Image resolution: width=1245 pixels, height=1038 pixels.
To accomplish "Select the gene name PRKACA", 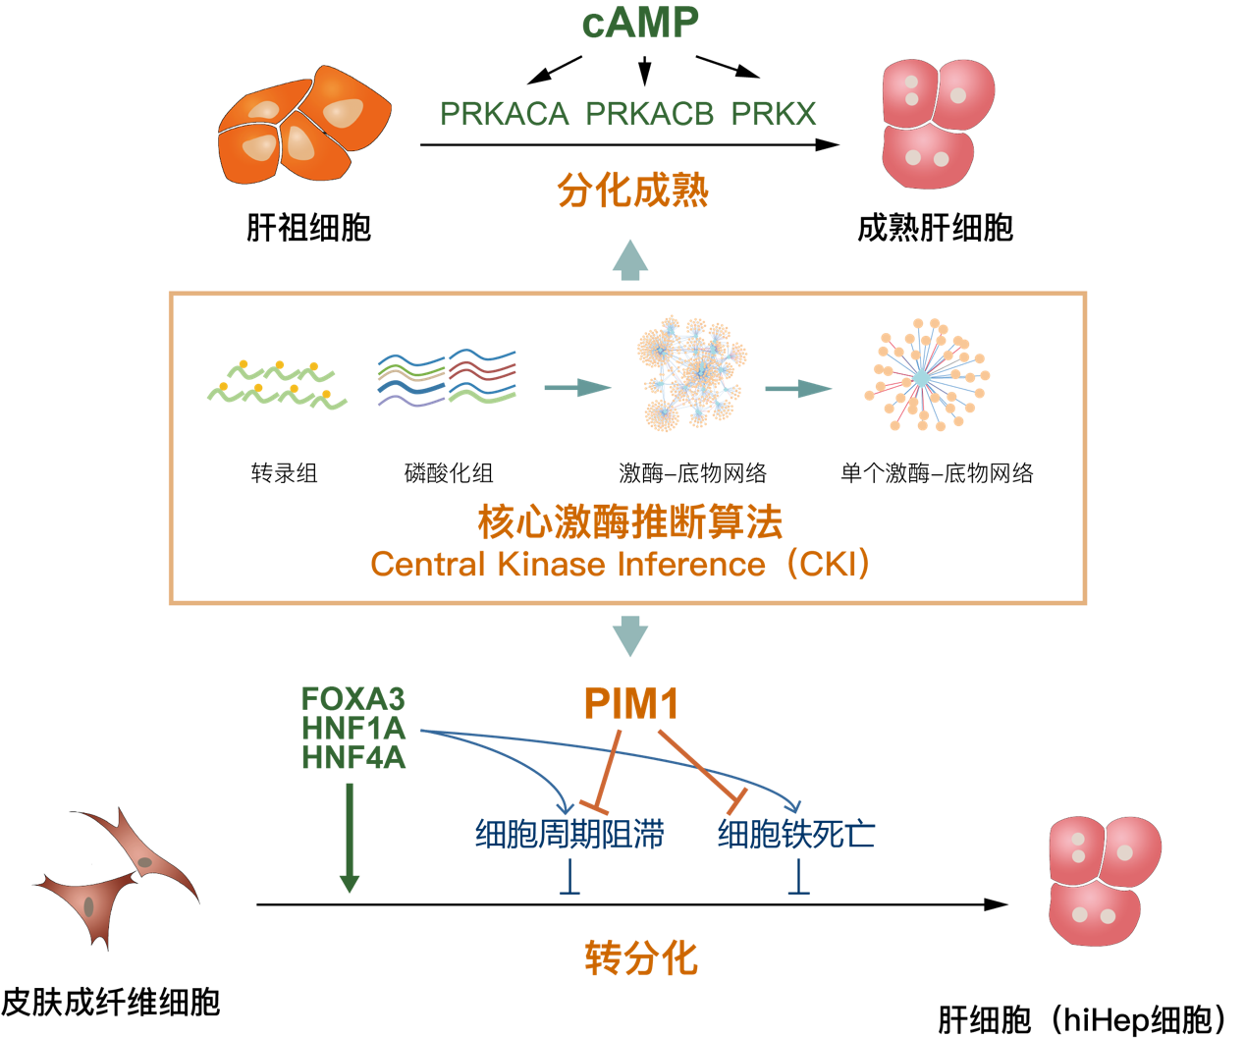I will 504,114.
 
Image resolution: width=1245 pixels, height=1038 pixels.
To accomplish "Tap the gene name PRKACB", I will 649,114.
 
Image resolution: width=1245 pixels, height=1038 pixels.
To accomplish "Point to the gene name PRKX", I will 774,114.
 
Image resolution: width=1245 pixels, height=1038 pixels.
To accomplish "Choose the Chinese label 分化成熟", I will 632,191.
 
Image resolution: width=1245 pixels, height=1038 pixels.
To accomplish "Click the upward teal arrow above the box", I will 630,259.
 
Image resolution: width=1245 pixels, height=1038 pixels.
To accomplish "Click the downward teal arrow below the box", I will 630,636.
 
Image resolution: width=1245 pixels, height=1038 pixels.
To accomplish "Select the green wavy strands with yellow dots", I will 277,385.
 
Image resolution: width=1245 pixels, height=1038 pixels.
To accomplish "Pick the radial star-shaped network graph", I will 924,376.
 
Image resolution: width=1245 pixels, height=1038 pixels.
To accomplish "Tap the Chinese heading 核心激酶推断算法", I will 629,521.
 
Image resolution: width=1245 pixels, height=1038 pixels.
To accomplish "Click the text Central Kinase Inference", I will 568,565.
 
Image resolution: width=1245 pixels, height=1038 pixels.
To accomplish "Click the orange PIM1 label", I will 631,703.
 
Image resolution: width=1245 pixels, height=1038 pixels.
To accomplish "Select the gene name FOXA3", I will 352,698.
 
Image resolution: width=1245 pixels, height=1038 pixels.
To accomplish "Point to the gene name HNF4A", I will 353,758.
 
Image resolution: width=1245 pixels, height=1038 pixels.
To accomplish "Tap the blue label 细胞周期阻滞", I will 569,834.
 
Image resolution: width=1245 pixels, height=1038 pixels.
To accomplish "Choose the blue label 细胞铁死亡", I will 796,834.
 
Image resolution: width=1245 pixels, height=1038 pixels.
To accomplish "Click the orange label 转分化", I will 640,957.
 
